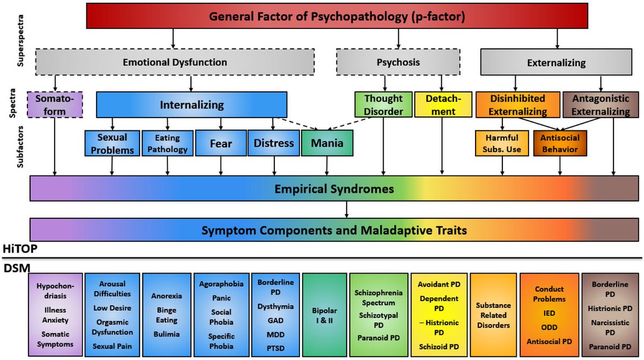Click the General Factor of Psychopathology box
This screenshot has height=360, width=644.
(x=336, y=16)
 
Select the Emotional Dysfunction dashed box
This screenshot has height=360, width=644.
(x=175, y=62)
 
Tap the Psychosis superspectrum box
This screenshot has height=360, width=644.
(x=398, y=62)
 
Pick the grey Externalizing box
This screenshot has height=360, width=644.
(x=557, y=62)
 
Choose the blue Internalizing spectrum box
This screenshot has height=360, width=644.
(x=192, y=105)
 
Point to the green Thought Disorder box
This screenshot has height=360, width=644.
(x=383, y=105)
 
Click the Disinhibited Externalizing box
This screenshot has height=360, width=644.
(x=517, y=105)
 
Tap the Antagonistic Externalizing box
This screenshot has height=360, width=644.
(x=600, y=105)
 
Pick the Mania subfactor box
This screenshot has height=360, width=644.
(x=327, y=143)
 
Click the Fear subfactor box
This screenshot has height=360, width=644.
(x=220, y=143)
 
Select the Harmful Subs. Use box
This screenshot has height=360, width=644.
(x=502, y=143)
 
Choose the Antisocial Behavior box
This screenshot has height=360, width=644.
(x=560, y=143)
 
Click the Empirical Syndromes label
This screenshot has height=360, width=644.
(x=334, y=189)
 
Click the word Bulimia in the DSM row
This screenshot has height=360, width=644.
(x=166, y=334)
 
